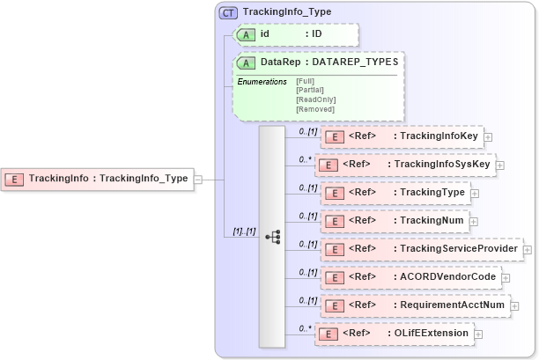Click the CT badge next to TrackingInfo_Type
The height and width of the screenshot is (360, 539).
click(228, 13)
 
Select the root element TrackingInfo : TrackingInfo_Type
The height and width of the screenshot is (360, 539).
click(98, 179)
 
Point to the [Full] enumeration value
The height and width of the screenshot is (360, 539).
click(306, 81)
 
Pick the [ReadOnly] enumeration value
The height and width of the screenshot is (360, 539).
click(315, 99)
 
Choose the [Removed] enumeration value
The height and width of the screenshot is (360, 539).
click(315, 109)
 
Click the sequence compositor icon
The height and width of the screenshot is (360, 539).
click(272, 236)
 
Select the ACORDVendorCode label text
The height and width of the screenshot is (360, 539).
click(447, 277)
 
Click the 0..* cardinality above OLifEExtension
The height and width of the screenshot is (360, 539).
click(305, 328)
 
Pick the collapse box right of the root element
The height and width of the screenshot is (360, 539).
click(198, 179)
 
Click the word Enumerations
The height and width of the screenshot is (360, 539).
click(262, 81)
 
